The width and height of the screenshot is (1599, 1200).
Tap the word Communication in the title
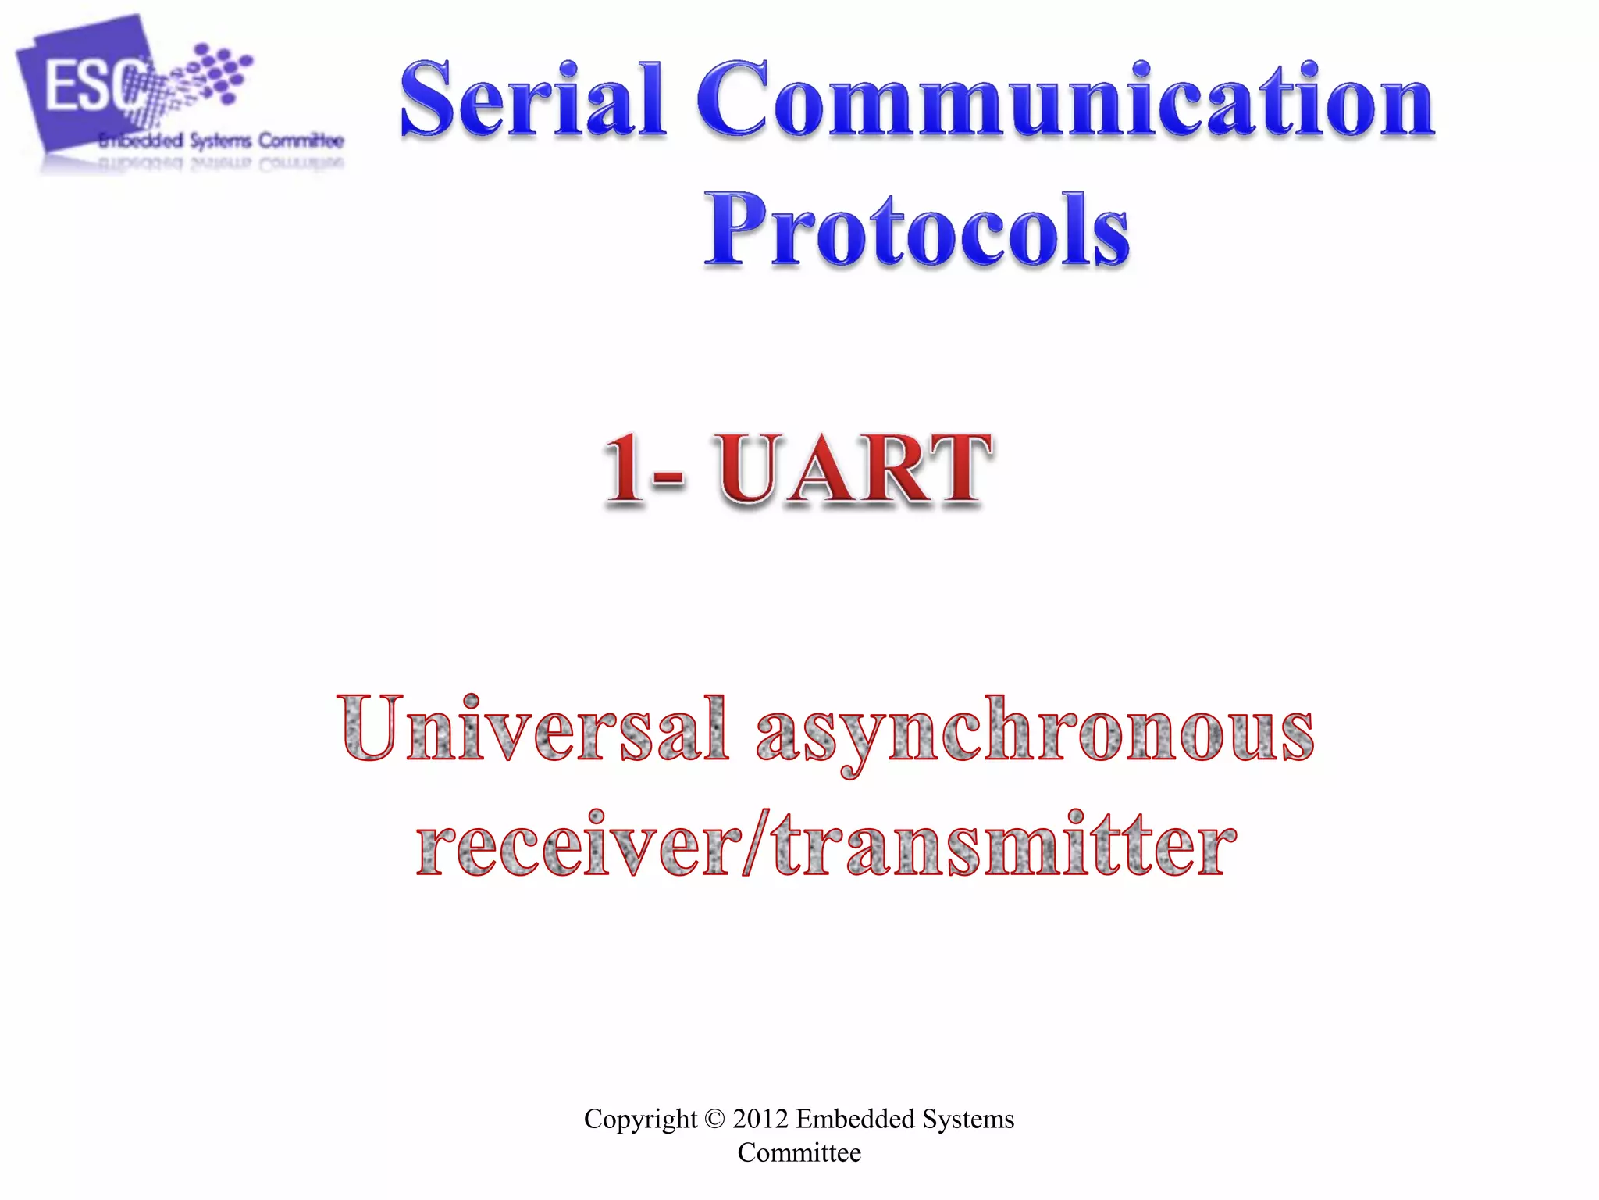coord(1065,102)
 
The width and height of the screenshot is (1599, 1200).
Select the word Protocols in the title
coord(917,230)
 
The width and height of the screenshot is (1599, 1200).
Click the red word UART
coord(854,469)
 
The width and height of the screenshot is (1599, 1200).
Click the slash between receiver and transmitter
coord(756,844)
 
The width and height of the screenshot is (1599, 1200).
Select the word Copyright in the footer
coord(640,1119)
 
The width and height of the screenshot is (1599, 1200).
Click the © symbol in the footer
coord(714,1120)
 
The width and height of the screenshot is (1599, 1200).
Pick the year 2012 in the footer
coord(760,1119)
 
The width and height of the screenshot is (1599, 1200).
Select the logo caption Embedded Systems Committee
coord(221,141)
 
